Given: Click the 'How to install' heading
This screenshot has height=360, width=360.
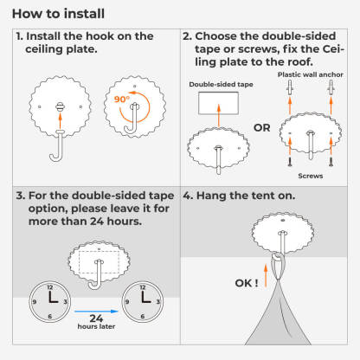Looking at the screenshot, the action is coord(58,14).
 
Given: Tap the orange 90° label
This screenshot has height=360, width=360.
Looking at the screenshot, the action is coord(122,100).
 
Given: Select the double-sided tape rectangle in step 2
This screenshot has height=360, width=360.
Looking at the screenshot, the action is coord(218,103).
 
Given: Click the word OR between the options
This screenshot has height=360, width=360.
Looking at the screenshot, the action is coord(262,128).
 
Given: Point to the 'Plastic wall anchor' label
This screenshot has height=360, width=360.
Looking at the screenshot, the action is coord(311,74).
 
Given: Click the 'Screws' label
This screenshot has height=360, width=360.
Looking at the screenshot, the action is coord(311,176).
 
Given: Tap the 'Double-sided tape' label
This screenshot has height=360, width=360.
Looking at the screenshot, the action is coord(221,85).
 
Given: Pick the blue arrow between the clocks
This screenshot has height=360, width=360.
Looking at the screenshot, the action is coord(96,312).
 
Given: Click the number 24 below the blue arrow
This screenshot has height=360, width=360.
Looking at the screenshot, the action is coord(96,318).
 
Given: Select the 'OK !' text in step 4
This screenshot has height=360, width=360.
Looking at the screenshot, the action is coord(247,283).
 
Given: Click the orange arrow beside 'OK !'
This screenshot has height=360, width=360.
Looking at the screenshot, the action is coord(266,276).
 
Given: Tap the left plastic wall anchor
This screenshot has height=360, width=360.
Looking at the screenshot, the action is coord(290,87).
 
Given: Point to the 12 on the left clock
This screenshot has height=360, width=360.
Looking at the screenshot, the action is coord(50,287).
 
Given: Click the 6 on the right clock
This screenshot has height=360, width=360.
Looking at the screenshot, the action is coord(143,317).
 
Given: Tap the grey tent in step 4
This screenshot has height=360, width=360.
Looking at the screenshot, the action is coord(278,313).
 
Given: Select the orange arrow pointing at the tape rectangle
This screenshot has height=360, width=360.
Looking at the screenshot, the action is coord(219,116).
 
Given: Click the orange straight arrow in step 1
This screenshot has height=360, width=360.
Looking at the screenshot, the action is coord(60,120).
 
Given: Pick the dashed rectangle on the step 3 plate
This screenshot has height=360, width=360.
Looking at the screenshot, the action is coord(99,262).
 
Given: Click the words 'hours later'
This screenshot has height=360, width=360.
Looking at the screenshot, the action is coord(96,326).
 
